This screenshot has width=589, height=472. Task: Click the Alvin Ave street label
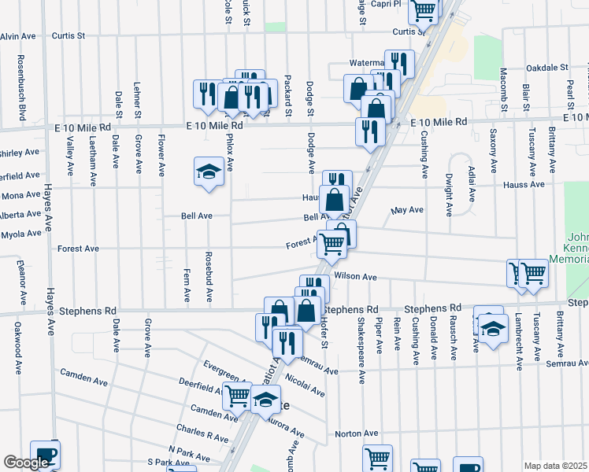click(x=20, y=36)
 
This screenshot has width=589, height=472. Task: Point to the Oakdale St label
click(x=548, y=68)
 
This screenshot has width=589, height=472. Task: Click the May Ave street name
click(x=407, y=210)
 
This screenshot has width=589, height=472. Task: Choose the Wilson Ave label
click(x=355, y=277)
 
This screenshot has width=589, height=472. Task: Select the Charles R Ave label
click(x=202, y=434)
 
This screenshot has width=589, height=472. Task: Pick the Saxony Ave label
click(x=494, y=150)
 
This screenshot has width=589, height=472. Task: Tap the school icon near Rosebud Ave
click(x=209, y=172)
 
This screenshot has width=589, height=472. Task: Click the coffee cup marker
click(x=45, y=454)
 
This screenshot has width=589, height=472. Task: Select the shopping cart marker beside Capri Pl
click(x=424, y=9)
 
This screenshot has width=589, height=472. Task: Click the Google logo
click(x=26, y=463)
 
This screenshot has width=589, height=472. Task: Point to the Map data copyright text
click(x=555, y=466)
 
